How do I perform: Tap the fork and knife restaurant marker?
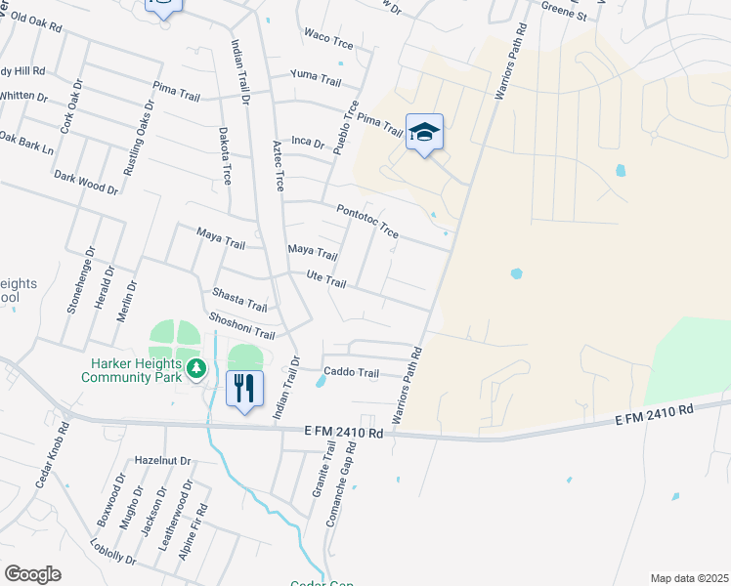pyautogui.click(x=243, y=388)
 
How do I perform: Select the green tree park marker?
pyautogui.click(x=197, y=368)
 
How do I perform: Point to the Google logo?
pyautogui.click(x=32, y=573)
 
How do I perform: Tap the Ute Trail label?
pyautogui.click(x=327, y=280)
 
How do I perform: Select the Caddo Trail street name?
pyautogui.click(x=351, y=372)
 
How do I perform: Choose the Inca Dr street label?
pyautogui.click(x=307, y=142)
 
